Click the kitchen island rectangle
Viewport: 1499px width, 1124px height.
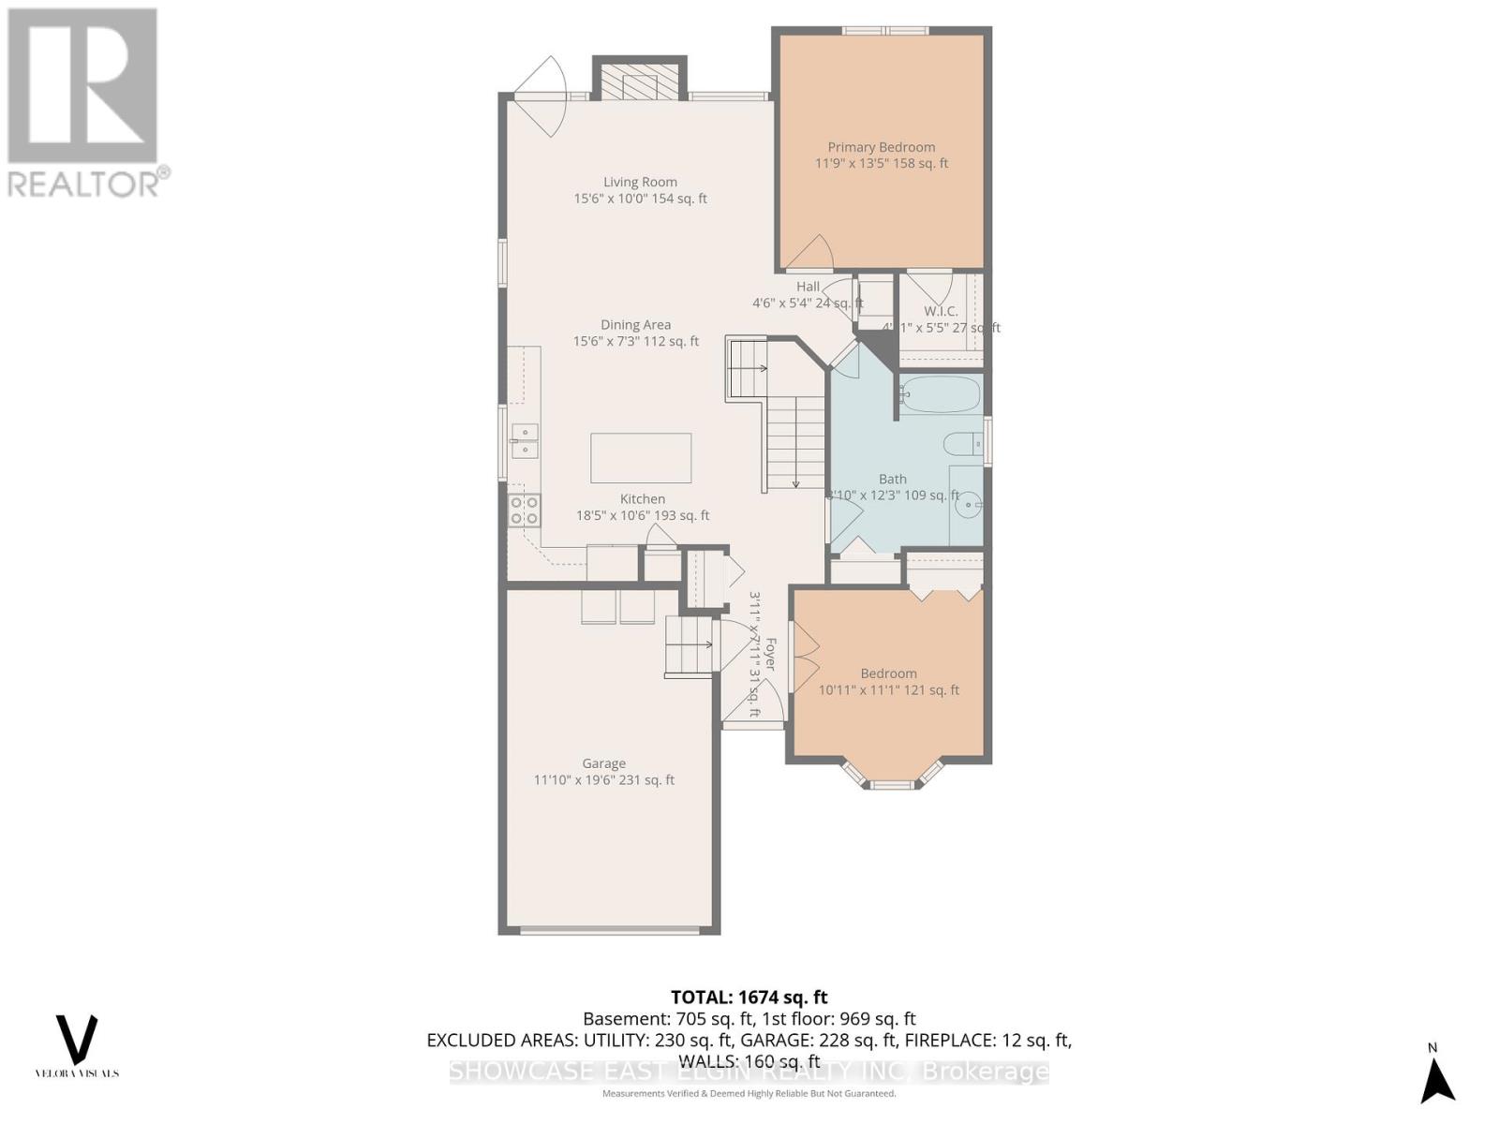coord(641,457)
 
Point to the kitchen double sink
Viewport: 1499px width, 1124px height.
coord(525,441)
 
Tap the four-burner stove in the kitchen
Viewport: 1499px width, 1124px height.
coord(524,510)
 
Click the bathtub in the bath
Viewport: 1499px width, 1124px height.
coord(941,394)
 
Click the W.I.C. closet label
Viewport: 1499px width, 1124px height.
coord(940,311)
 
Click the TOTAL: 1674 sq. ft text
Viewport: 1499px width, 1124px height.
coord(749,998)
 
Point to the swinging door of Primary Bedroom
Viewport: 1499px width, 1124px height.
coord(811,251)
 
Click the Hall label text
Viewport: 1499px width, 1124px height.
coord(808,287)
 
